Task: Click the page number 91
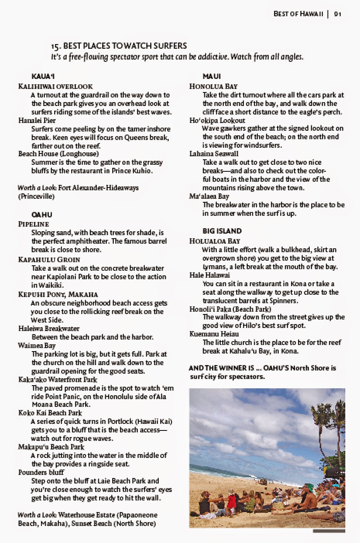point(338,14)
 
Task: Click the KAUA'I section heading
point(43,77)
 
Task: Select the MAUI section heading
point(212,77)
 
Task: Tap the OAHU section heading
point(42,215)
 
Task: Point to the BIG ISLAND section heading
point(222,231)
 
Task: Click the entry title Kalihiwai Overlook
point(55,86)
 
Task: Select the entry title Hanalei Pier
point(37,120)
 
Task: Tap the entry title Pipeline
point(34,224)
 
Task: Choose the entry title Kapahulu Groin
point(49,260)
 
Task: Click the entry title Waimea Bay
point(37,345)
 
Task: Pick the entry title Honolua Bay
point(213,86)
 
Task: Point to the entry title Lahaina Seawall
point(214,154)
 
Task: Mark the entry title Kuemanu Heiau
point(214,334)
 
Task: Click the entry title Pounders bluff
point(41,472)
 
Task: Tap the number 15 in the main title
point(56,46)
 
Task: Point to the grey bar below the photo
point(329,531)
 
